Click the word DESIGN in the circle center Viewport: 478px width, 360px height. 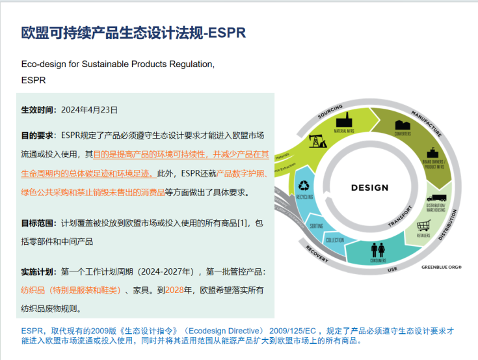coord(369,188)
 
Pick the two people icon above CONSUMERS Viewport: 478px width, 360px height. coord(378,249)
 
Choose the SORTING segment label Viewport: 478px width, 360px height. coord(317,225)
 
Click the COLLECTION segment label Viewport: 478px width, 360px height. coord(334,240)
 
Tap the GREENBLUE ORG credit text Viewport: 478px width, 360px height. coord(441,266)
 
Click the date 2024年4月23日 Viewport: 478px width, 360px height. coord(89,110)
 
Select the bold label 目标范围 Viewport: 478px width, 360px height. coord(37,223)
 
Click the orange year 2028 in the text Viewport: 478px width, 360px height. coord(176,290)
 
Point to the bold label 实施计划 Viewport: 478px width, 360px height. coord(37,271)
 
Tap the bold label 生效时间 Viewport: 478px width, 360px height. coord(37,110)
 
